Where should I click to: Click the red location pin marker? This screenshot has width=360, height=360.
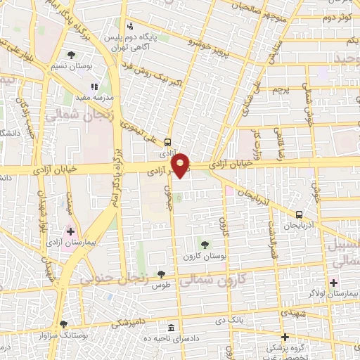(181, 165)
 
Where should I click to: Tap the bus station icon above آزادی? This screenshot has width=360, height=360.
(167, 141)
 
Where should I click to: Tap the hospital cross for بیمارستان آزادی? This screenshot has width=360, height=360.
(70, 231)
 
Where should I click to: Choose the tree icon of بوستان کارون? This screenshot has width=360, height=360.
(205, 244)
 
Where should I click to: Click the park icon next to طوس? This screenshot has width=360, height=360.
(161, 274)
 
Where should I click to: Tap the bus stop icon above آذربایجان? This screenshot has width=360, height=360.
(300, 215)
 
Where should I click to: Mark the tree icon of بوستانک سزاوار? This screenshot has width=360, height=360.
(64, 324)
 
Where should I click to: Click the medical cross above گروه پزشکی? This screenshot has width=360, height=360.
(285, 337)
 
